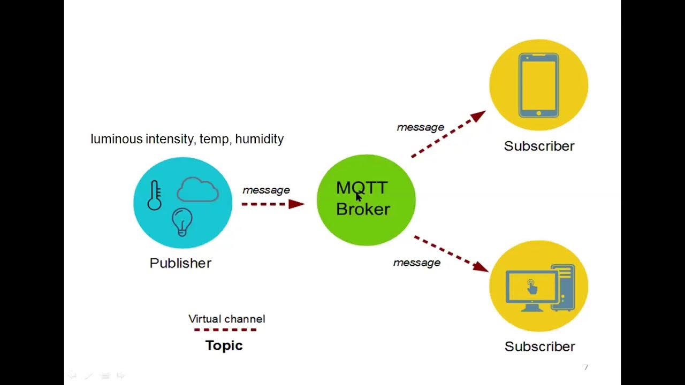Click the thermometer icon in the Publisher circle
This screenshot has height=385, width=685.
155,195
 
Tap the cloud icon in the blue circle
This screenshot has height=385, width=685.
197,190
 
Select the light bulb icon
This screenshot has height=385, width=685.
182,221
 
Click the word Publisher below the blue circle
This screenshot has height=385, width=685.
180,263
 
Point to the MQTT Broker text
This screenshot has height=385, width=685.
362,198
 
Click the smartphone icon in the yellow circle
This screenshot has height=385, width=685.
538,85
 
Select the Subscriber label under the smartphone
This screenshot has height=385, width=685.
539,146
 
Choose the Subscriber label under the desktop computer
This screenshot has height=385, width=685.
539,346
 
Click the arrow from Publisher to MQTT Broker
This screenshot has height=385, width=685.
272,204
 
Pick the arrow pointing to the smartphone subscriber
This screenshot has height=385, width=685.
448,134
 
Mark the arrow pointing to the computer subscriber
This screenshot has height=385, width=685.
451,253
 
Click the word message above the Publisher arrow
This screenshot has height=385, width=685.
266,190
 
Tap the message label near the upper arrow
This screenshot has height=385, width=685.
420,127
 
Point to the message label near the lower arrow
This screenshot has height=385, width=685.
416,263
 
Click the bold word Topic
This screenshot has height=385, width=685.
224,345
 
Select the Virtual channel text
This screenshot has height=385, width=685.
226,319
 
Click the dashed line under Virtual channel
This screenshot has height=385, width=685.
225,330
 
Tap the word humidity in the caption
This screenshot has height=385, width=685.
260,139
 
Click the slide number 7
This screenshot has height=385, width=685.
586,367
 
